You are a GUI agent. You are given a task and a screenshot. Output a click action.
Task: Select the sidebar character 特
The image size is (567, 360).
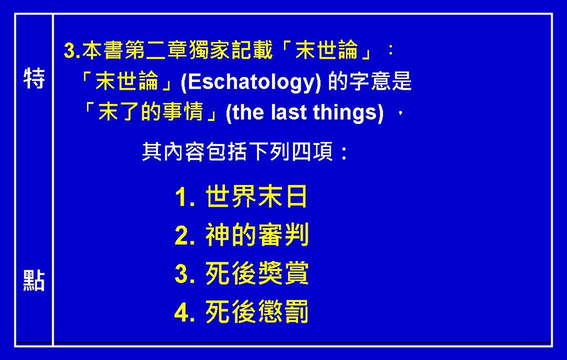34,78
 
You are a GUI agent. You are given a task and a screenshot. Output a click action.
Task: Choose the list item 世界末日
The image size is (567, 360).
256,197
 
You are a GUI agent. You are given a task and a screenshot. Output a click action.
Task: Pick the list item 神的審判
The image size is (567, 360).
257,235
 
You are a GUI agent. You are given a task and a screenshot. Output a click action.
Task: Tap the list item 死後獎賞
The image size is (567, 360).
257,273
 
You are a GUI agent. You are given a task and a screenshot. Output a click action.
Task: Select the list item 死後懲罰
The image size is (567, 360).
257,311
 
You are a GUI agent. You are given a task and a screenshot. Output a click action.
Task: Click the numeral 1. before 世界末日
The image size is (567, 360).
185,198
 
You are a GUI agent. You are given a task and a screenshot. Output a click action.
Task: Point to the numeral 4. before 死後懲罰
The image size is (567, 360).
185,312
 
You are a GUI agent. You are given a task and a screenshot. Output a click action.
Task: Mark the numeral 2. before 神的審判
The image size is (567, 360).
185,236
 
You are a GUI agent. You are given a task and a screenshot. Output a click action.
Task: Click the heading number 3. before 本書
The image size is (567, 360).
73,50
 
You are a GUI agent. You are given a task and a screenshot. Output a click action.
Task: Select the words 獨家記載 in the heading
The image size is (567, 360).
230,50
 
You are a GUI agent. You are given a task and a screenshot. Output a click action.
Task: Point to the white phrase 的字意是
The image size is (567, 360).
369,82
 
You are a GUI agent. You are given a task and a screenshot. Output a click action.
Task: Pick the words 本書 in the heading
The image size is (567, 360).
102,50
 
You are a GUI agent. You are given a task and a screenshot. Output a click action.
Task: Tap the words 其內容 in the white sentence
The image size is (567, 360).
173,152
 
